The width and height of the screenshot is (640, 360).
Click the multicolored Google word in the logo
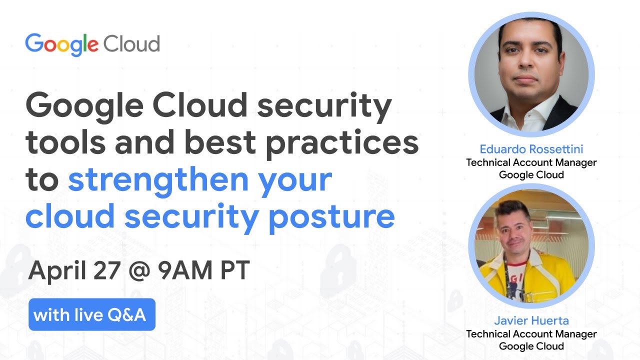click(61, 44)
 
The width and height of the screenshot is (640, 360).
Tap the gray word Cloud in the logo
click(131, 44)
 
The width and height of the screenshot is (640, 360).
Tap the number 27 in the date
click(105, 270)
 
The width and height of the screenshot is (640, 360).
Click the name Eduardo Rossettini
click(531, 149)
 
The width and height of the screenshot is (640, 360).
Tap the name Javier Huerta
click(531, 320)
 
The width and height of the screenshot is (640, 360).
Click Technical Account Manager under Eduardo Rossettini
click(531, 162)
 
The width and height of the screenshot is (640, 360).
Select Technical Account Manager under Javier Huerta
click(531, 333)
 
